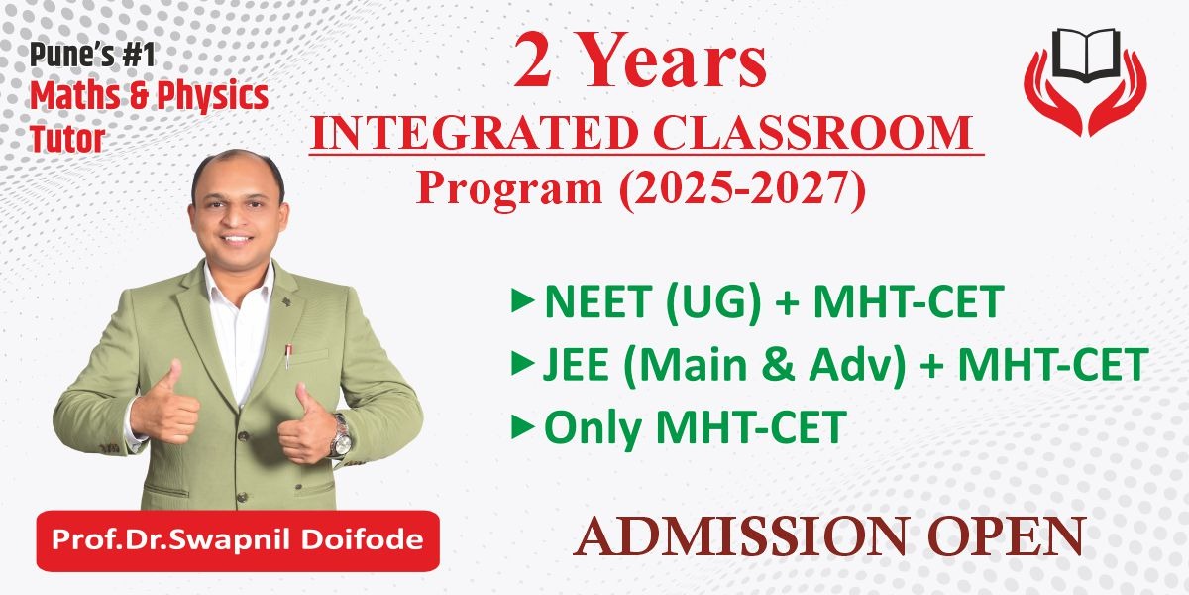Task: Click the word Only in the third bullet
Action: pos(593,429)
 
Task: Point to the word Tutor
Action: pos(66,140)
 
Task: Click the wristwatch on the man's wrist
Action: pos(340,436)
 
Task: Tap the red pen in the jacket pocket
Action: pos(288,355)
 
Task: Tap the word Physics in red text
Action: pos(209,97)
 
